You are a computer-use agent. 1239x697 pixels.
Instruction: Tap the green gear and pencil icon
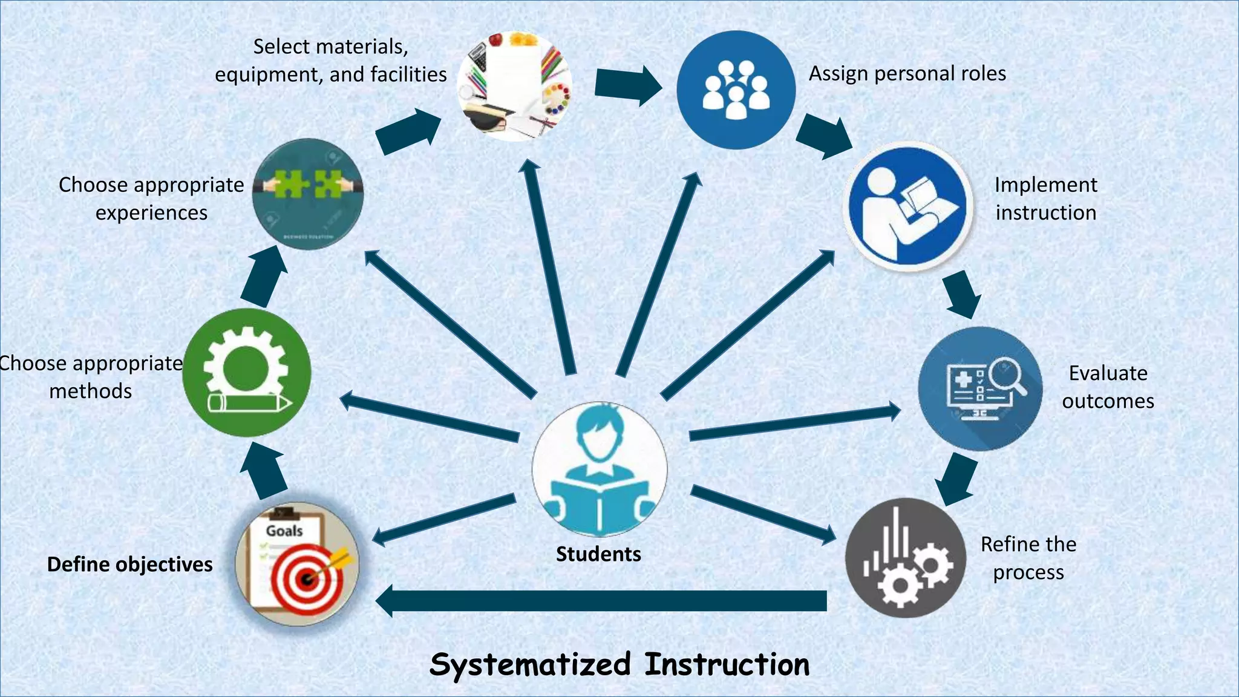pos(247,373)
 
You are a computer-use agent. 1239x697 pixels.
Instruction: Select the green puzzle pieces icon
pos(308,194)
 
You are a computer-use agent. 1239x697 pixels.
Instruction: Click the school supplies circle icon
pos(515,87)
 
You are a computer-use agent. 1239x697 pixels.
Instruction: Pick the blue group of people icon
pos(736,90)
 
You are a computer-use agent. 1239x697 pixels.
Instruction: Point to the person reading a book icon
pos(908,206)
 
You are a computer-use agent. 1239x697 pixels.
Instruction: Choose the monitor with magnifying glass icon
pos(980,388)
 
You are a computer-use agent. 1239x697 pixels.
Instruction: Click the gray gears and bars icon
pos(905,557)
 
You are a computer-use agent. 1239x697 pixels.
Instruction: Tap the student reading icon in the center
pos(600,470)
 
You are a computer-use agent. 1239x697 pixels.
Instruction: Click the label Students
pos(598,554)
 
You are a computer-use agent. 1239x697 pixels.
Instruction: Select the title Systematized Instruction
pos(619,664)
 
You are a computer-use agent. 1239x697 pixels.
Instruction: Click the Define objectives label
pos(130,564)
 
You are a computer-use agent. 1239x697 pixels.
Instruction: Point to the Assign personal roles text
pos(907,74)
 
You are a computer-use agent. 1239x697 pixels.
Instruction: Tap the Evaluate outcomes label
pos(1108,387)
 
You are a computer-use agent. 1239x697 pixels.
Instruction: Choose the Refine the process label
pos(1028,558)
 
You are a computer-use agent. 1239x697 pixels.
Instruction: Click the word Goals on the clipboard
pos(284,531)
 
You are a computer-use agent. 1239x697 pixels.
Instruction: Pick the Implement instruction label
pos(1046,198)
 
